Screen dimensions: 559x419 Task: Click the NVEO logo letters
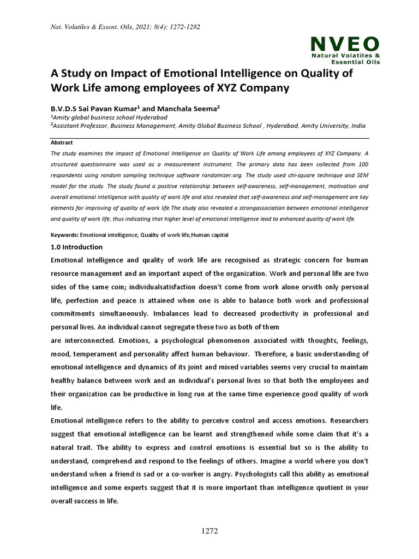coord(345,44)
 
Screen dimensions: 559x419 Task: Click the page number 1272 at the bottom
coord(209,531)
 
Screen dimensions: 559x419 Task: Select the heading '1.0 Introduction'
coord(76,247)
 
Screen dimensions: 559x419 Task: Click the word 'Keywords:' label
coord(64,235)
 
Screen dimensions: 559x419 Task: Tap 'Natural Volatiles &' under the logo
coord(345,56)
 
